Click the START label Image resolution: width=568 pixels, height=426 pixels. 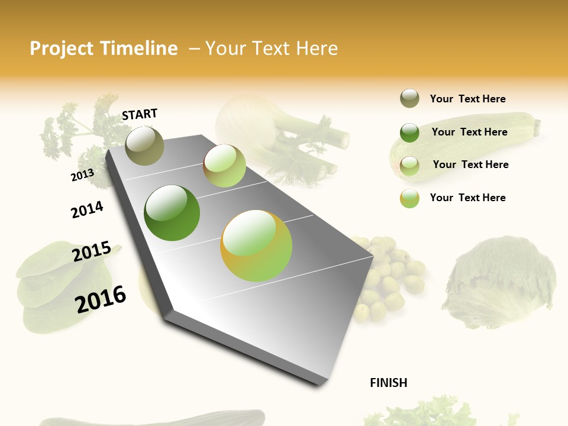click(140, 114)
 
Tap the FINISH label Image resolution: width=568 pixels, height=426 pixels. click(388, 383)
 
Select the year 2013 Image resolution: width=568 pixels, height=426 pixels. click(82, 175)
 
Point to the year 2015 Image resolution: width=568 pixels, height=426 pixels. click(92, 251)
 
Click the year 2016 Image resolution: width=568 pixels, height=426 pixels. click(101, 299)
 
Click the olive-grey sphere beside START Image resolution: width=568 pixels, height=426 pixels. click(144, 146)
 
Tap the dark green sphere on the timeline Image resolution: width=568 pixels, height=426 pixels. click(172, 213)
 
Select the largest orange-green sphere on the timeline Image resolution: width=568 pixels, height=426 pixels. click(256, 246)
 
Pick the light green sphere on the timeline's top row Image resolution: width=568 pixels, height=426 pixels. click(224, 166)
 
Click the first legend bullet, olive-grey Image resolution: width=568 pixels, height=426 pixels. click(409, 99)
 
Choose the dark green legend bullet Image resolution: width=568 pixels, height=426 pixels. click(409, 132)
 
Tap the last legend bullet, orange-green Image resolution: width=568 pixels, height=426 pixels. click(409, 198)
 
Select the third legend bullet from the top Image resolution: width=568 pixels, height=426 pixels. click(409, 165)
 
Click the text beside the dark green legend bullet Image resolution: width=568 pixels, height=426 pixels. click(469, 132)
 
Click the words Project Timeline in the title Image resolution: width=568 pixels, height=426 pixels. click(104, 49)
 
